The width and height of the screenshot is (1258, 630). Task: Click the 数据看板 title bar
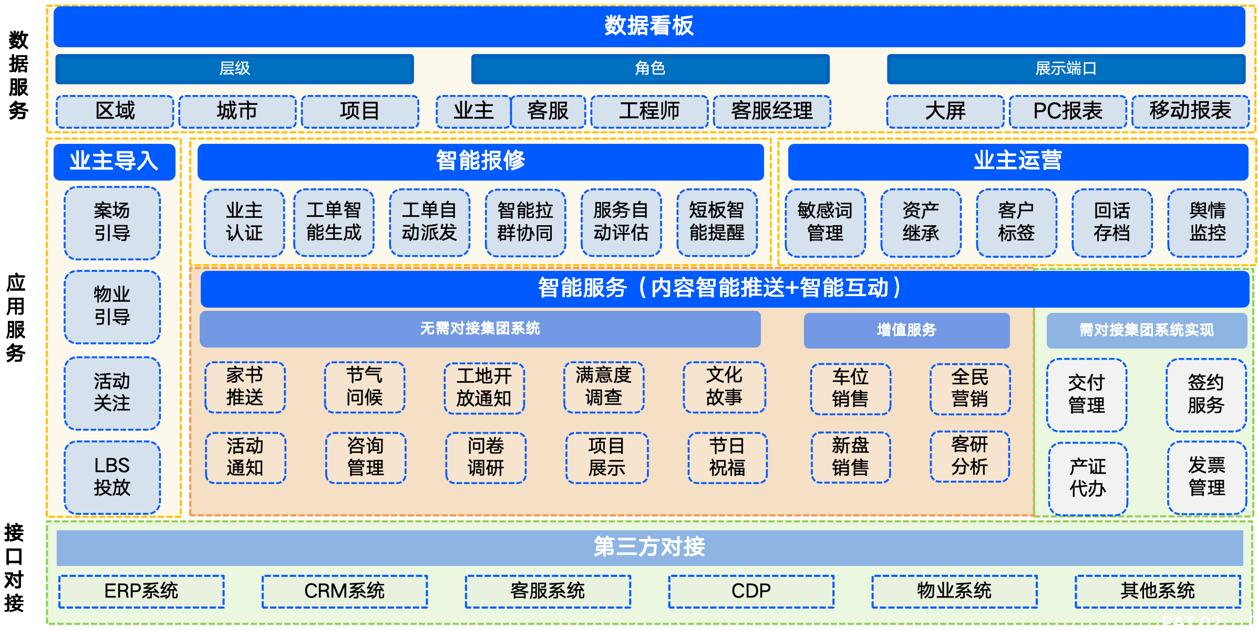[649, 26]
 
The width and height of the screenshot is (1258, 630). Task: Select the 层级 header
[234, 69]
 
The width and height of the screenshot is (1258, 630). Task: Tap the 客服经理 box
[771, 111]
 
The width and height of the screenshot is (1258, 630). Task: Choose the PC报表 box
[1067, 111]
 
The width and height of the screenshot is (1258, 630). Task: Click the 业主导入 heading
[114, 161]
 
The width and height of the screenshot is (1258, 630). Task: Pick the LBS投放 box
[112, 477]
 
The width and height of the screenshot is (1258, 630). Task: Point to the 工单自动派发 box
[429, 222]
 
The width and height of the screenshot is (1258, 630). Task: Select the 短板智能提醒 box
[717, 222]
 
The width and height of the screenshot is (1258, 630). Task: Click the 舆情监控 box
[1208, 222]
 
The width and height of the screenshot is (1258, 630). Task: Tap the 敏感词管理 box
[824, 222]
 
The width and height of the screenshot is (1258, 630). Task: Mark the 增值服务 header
[906, 330]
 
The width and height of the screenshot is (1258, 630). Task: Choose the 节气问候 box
[364, 387]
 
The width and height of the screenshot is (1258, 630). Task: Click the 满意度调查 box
[603, 387]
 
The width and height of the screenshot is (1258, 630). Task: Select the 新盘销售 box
[850, 457]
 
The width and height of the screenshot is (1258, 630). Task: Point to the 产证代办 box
[1088, 478]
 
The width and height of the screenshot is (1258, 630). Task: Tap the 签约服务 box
[1206, 394]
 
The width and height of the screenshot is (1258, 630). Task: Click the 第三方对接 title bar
[649, 547]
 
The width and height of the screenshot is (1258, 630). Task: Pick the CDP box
[751, 591]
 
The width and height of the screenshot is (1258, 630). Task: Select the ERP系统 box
[141, 591]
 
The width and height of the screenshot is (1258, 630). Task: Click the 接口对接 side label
[14, 568]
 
